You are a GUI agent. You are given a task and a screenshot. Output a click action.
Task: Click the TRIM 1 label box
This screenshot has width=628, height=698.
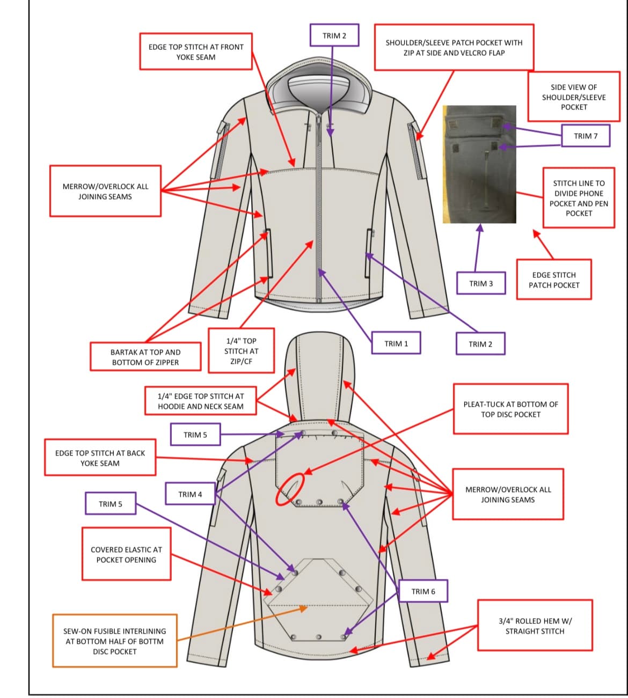click(x=396, y=343)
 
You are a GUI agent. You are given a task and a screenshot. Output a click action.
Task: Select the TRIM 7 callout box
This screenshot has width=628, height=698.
click(x=586, y=136)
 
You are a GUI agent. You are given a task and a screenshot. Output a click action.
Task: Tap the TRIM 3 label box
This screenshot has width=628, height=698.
click(x=481, y=283)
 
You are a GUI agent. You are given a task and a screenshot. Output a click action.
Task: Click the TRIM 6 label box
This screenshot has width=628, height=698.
click(x=423, y=591)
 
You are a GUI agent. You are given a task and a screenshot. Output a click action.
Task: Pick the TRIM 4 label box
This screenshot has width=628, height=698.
click(x=191, y=494)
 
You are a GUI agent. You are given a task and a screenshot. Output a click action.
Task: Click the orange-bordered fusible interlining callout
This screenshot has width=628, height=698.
click(x=115, y=641)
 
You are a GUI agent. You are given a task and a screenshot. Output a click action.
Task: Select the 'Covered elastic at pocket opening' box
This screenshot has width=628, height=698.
click(x=126, y=554)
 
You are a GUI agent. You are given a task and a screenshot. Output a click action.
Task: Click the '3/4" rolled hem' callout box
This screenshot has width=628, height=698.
click(x=535, y=626)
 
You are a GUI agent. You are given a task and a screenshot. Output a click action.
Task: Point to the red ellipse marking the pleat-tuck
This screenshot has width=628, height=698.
click(x=290, y=489)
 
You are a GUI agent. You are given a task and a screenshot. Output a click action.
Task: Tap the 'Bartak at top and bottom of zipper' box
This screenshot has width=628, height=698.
click(x=145, y=357)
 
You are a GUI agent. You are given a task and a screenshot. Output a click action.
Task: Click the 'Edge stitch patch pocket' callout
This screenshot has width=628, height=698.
click(x=554, y=280)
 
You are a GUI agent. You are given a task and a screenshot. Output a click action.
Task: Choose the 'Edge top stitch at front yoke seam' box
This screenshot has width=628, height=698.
click(x=196, y=52)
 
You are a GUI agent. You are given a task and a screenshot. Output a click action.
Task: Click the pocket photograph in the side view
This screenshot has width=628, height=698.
click(x=479, y=164)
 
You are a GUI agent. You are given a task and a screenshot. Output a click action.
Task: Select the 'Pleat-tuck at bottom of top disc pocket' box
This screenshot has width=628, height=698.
click(x=510, y=409)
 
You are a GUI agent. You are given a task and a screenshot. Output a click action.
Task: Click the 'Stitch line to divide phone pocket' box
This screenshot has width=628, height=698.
click(x=579, y=198)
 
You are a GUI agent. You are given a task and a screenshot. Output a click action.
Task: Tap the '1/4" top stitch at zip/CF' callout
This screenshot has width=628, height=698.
click(x=241, y=351)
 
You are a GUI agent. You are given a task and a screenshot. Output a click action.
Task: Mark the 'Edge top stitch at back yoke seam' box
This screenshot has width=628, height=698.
click(x=100, y=458)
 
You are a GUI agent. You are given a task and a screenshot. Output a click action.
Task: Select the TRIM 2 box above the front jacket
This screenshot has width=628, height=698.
click(x=334, y=35)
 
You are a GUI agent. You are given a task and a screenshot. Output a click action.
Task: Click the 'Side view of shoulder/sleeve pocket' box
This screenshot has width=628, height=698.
click(x=573, y=97)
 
